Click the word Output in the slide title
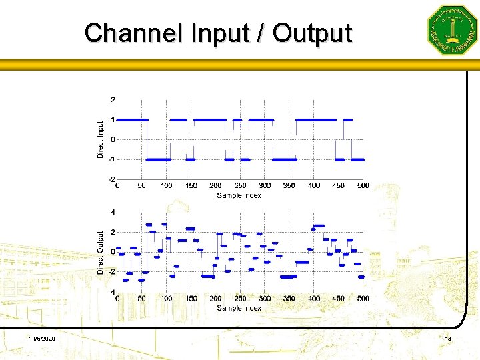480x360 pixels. pyautogui.click(x=312, y=33)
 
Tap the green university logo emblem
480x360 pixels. pyautogui.click(x=452, y=29)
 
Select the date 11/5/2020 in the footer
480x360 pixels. pyautogui.click(x=43, y=340)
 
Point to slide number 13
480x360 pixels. pyautogui.click(x=448, y=340)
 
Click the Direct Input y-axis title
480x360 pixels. pyautogui.click(x=101, y=139)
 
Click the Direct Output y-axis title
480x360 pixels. pyautogui.click(x=101, y=252)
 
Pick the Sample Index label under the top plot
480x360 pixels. pyautogui.click(x=239, y=195)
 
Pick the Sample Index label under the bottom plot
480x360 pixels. pyautogui.click(x=239, y=308)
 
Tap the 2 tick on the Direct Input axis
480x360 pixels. pyautogui.click(x=113, y=100)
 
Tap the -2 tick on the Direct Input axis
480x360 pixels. pyautogui.click(x=111, y=179)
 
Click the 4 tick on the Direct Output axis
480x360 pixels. pyautogui.click(x=113, y=212)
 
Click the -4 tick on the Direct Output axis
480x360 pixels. pyautogui.click(x=111, y=292)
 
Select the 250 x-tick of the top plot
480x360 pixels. pyautogui.click(x=240, y=186)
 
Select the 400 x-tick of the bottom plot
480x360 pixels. pyautogui.click(x=314, y=299)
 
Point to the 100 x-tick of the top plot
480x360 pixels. pyautogui.click(x=166, y=186)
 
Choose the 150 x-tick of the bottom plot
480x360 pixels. pyautogui.click(x=191, y=299)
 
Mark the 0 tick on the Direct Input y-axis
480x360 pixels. pyautogui.click(x=113, y=139)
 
